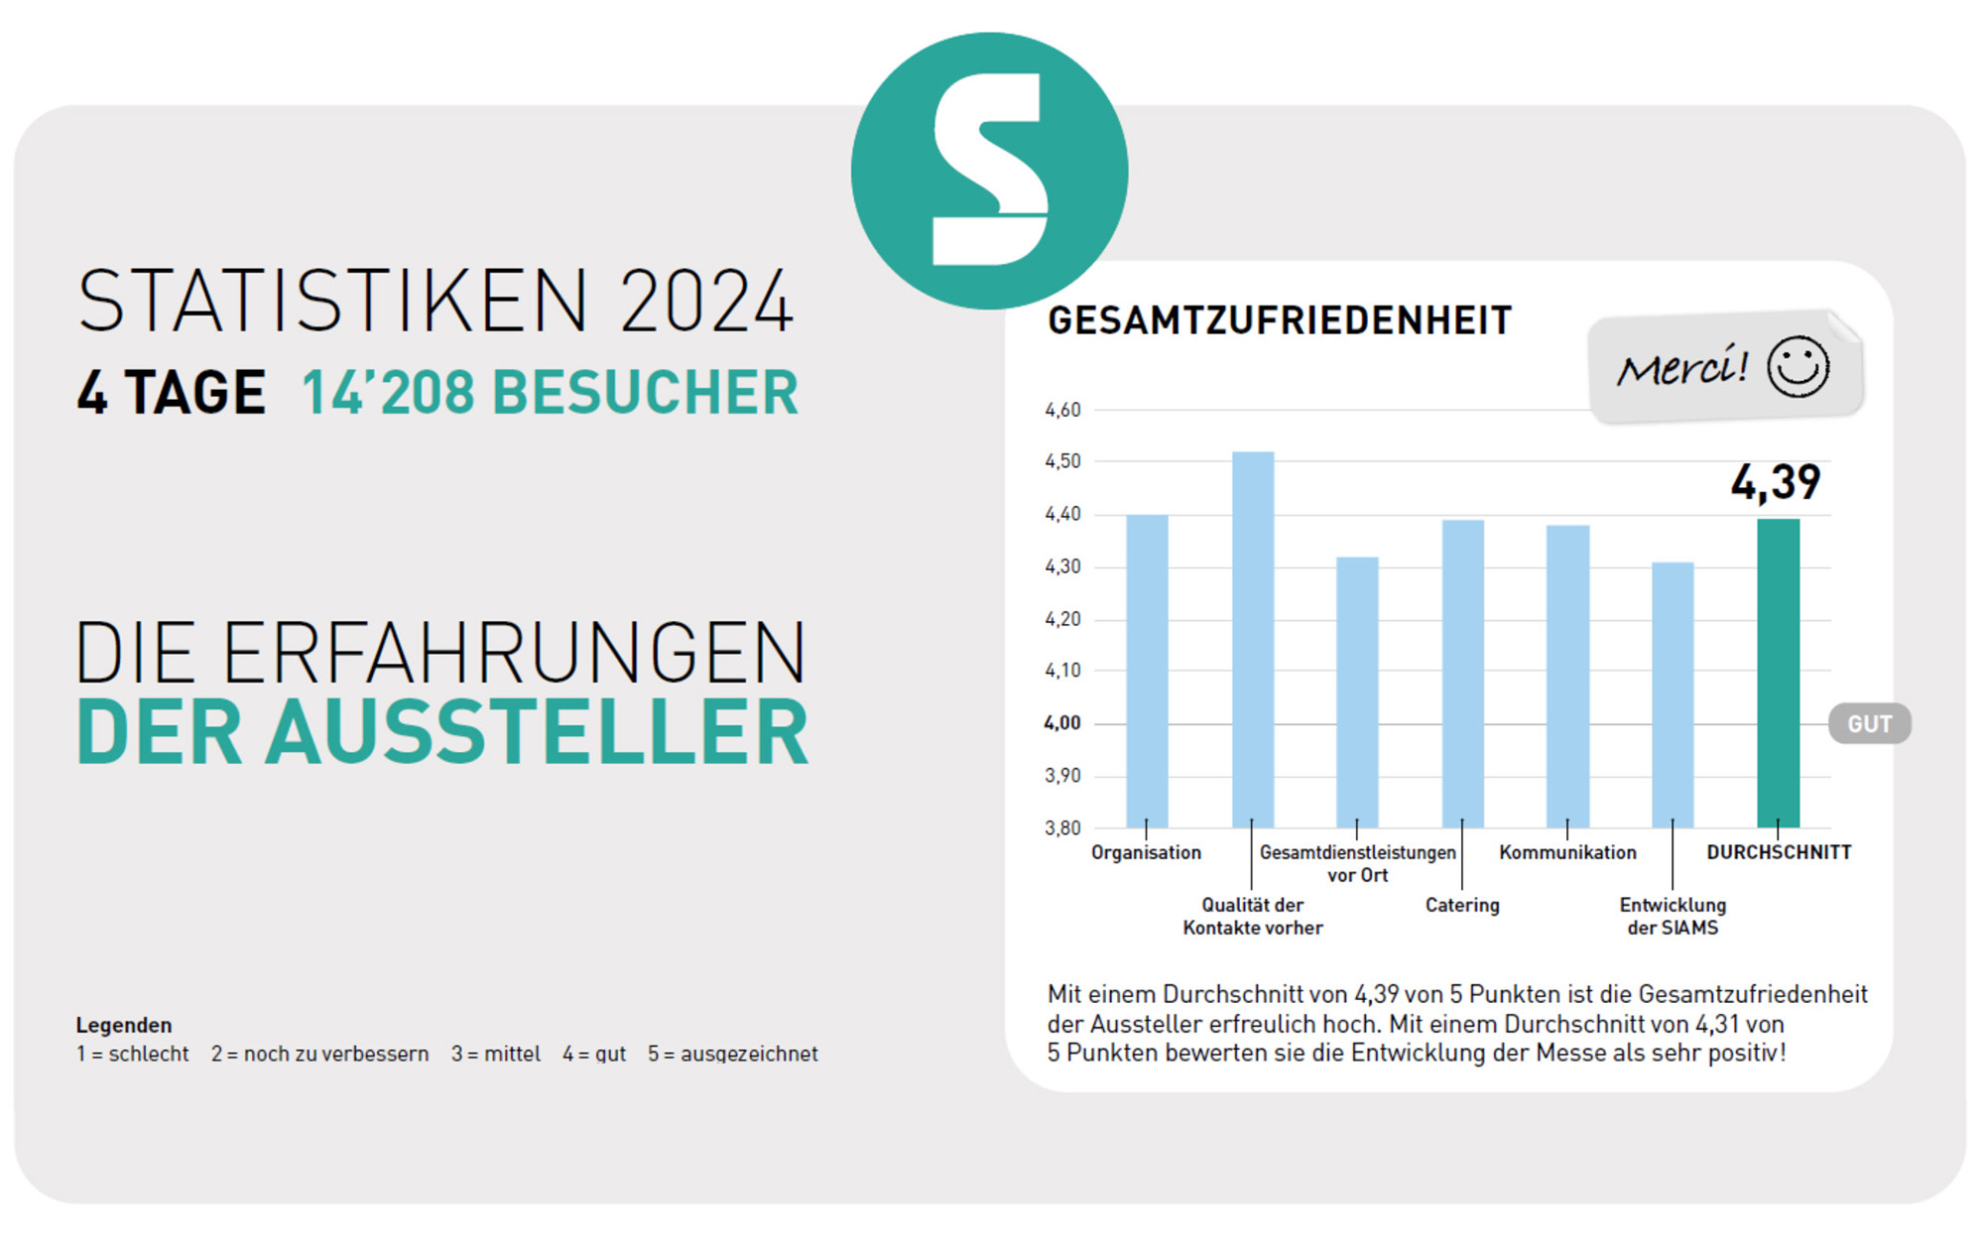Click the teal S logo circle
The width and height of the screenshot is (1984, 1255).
[x=989, y=171]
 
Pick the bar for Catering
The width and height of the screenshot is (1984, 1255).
[x=1462, y=674]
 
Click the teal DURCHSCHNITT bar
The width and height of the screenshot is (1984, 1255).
[x=1778, y=674]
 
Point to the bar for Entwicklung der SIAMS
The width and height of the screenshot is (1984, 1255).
[x=1673, y=694]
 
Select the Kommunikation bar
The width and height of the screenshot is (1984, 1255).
[x=1567, y=676]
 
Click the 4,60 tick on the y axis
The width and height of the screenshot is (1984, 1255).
[x=1062, y=410]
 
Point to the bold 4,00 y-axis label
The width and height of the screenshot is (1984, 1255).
[x=1062, y=723]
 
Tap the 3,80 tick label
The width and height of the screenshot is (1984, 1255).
[x=1062, y=828]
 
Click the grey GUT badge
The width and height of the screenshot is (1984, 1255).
[x=1870, y=724]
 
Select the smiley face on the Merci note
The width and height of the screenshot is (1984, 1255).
[x=1798, y=367]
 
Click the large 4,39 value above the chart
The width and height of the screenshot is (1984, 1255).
[x=1776, y=483]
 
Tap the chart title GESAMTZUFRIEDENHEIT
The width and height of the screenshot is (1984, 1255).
[x=1280, y=320]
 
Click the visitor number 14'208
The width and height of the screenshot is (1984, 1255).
[x=388, y=393]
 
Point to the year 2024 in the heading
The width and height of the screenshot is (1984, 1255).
[x=706, y=302]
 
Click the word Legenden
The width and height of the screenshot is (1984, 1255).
[x=124, y=1025]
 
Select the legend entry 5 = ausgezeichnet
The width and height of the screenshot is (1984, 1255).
[x=732, y=1054]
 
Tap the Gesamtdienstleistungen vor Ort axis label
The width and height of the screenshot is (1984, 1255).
[x=1357, y=863]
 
